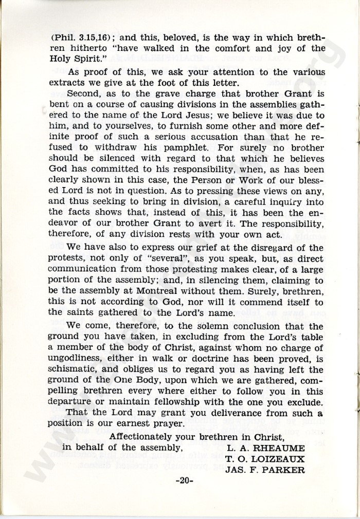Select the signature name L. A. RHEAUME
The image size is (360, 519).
[265, 447]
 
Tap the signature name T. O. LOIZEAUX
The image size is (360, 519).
[265, 458]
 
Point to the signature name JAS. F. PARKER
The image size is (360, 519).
[265, 470]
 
